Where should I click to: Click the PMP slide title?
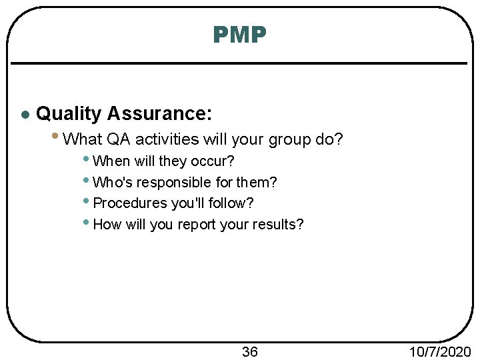pos(240,34)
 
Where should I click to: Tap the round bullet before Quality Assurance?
pos(24,115)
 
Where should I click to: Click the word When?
pos(112,161)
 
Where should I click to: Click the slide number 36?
pos(249,351)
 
